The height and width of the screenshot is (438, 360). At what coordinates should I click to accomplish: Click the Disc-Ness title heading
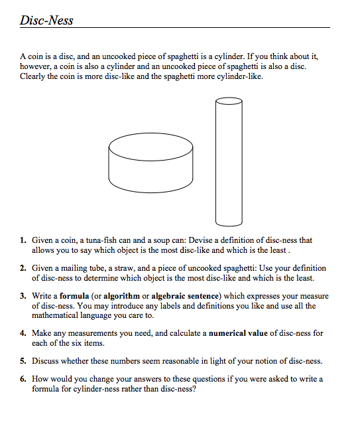click(x=46, y=20)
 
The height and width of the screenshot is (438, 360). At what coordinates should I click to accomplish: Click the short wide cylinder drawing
click(x=151, y=163)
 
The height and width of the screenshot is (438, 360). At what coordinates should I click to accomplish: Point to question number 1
click(x=23, y=240)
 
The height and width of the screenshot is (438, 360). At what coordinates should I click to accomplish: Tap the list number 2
click(x=23, y=268)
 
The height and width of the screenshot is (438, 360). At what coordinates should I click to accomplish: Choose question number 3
click(x=23, y=296)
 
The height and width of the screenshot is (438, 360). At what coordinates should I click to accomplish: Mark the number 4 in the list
click(x=23, y=333)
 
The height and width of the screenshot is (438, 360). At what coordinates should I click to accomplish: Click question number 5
click(x=23, y=361)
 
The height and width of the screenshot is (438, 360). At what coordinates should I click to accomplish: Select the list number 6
click(x=23, y=379)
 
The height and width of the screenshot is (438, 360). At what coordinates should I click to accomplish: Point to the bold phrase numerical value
click(x=239, y=333)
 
